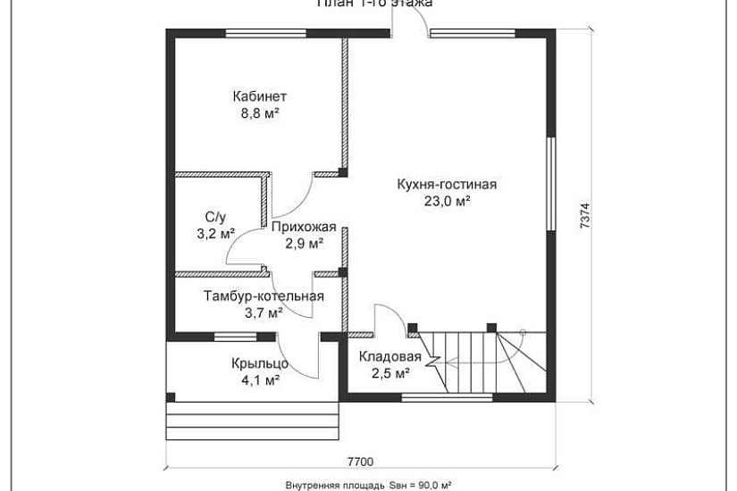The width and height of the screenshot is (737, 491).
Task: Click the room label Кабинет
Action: click(259, 96)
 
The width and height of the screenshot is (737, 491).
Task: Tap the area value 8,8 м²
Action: click(259, 113)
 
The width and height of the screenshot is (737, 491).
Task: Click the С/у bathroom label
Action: click(215, 217)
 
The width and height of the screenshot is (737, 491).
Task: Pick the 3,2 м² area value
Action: click(215, 234)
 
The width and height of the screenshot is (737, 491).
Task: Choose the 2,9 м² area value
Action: click(304, 243)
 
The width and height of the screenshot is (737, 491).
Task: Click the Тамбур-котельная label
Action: click(264, 296)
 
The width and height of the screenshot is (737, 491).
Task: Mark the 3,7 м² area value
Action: click(264, 312)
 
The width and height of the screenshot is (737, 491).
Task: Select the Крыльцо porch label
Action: click(259, 363)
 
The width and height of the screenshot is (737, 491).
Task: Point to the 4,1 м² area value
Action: click(259, 379)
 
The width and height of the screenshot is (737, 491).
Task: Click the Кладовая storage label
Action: click(389, 356)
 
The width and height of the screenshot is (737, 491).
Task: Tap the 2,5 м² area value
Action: click(389, 373)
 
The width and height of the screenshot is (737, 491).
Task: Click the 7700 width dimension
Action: click(360, 462)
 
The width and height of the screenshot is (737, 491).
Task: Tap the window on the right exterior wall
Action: click(551, 175)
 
